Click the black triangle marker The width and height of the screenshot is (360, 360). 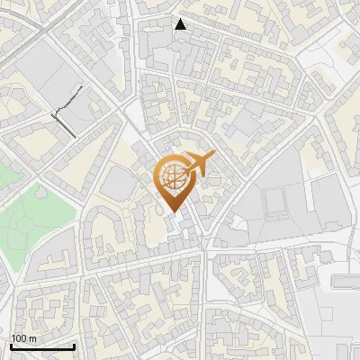click(181, 24)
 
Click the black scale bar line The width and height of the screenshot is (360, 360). click(42, 346)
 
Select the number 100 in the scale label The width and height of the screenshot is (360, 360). click(18, 338)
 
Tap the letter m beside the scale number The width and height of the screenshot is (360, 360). click(31, 338)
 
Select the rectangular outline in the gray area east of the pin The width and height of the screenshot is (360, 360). click(275, 203)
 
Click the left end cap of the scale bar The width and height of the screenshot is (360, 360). click(11, 346)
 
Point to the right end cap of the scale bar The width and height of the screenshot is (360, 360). click(74, 346)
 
